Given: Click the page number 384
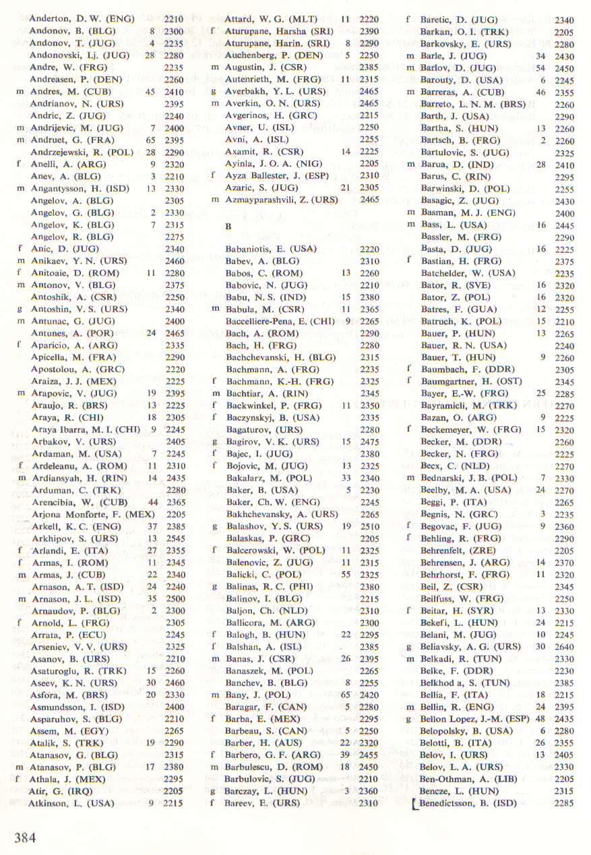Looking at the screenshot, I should [25, 837].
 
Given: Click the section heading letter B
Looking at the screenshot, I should [228, 227].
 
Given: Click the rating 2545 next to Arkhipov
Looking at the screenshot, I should [175, 538].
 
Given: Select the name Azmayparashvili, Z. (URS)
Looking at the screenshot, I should [282, 200].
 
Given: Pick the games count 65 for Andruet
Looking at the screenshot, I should [150, 140].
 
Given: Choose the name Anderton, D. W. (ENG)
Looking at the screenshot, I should [82, 19].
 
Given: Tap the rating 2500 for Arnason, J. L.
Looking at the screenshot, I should [175, 599].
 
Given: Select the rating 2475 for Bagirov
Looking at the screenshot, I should [369, 442].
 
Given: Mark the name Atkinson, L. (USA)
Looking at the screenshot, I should [72, 803].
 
